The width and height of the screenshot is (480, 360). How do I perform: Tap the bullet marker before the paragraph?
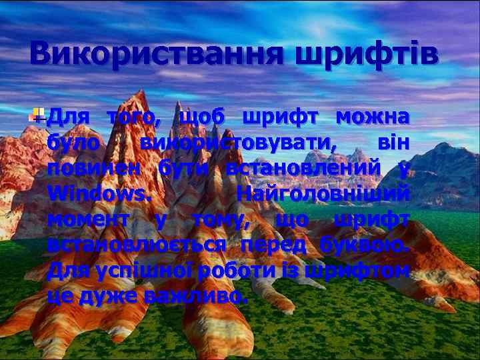pos(41,115)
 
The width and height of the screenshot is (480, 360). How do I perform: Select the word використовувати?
pos(239,143)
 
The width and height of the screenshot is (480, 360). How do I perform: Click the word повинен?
pos(94,169)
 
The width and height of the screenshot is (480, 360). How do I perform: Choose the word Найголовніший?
pos(323,195)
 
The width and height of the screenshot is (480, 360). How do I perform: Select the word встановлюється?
pos(137,245)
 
